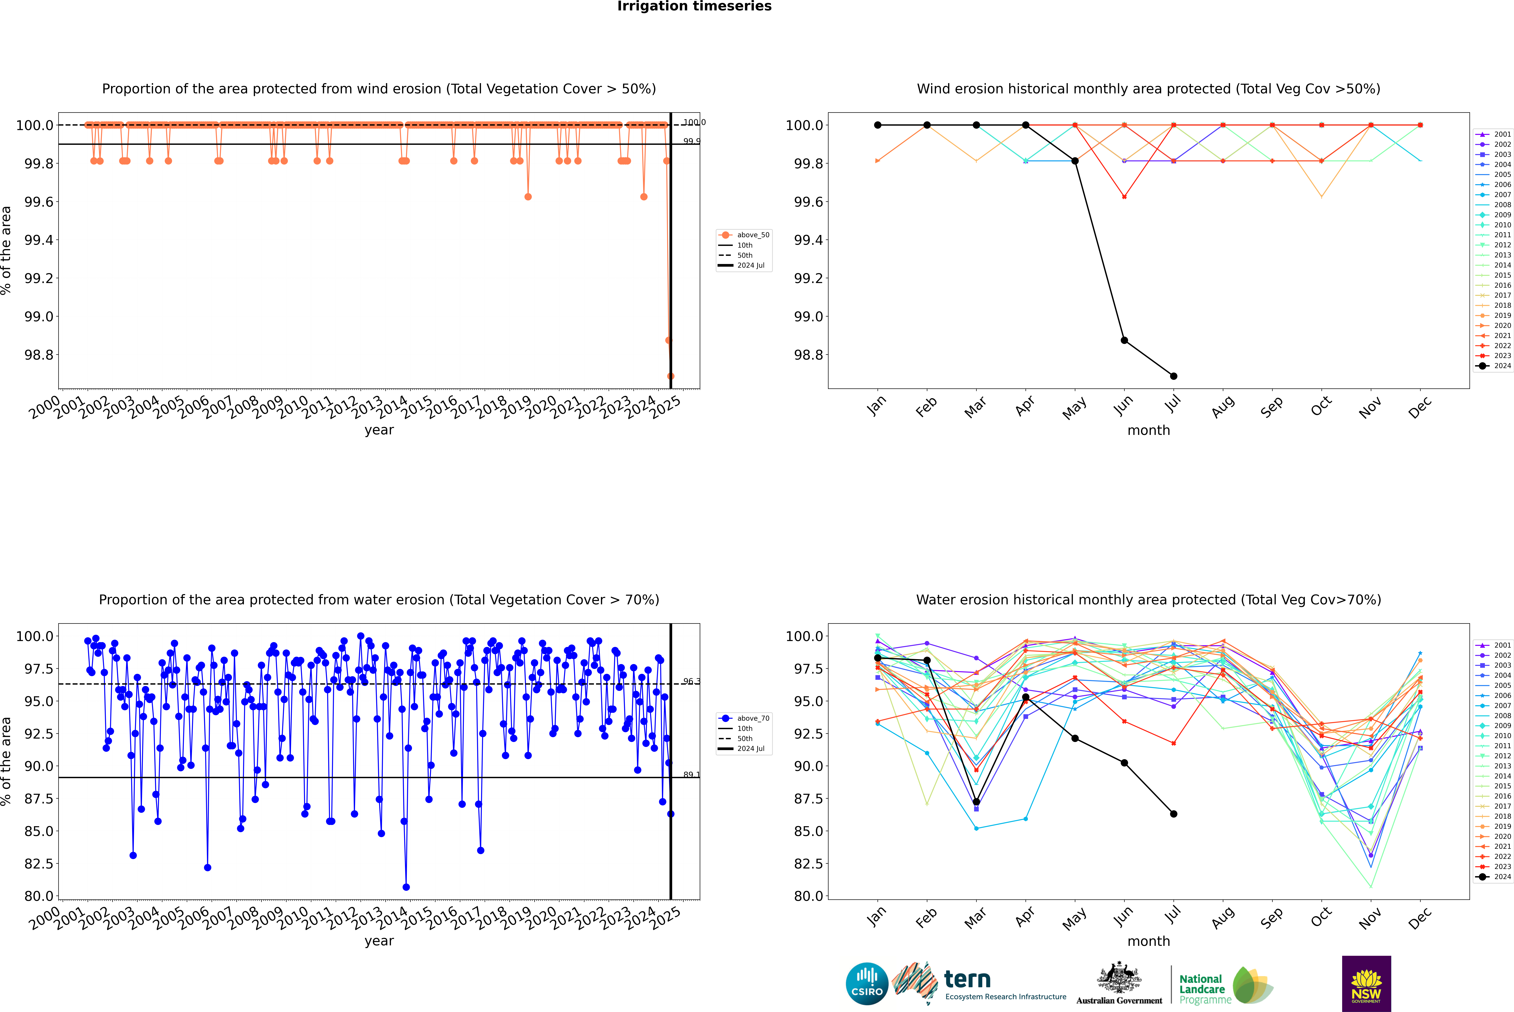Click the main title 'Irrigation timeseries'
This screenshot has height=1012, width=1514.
tap(694, 6)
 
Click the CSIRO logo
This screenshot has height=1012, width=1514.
tap(867, 984)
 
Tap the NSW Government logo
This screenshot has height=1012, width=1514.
tap(1366, 984)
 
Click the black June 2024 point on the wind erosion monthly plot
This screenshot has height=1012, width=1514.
tap(1124, 340)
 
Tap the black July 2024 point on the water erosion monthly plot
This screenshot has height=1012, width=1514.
tap(1173, 814)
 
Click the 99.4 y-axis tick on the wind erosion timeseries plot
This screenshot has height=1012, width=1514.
tap(39, 240)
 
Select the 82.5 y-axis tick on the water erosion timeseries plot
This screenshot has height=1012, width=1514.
tap(39, 864)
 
